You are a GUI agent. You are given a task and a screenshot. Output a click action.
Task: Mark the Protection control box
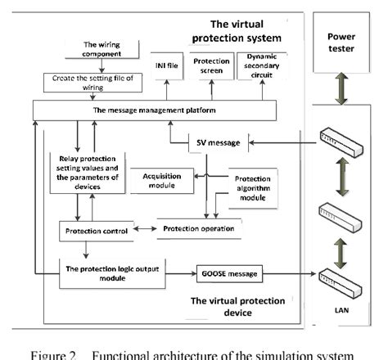[x=92, y=232]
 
